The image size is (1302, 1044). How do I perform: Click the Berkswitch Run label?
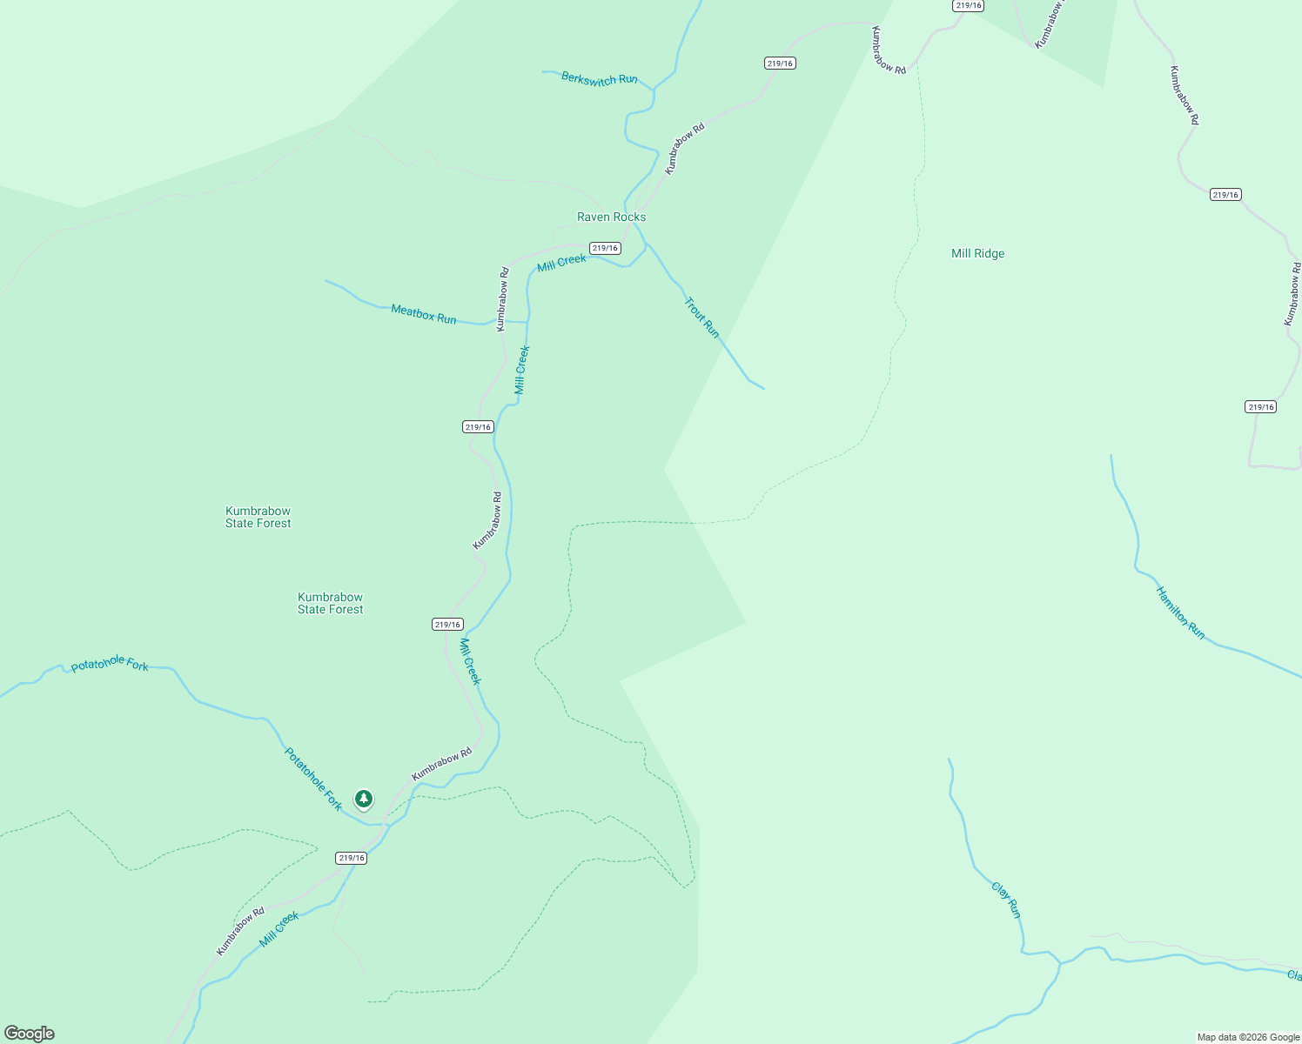599,79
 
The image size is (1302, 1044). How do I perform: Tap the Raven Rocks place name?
611,217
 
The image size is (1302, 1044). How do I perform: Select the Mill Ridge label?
977,254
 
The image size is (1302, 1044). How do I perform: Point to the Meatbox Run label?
424,314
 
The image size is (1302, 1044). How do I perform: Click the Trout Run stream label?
702,318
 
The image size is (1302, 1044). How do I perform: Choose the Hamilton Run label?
1180,612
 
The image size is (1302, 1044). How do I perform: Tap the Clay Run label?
1006,900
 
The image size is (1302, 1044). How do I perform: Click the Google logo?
30,1034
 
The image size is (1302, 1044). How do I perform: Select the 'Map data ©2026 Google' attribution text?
1248,1037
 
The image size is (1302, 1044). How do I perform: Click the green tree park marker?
364,799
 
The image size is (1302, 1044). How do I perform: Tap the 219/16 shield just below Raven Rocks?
605,248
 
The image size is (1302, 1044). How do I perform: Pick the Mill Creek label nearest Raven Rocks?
561,263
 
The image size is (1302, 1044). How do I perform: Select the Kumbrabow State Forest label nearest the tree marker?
330,603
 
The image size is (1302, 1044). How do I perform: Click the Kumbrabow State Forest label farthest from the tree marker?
258,517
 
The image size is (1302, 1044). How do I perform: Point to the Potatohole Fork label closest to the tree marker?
313,779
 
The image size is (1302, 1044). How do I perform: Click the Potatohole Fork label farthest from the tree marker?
110,665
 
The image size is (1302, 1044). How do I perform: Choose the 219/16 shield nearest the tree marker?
352,858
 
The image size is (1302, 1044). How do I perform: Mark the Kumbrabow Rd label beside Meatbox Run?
502,299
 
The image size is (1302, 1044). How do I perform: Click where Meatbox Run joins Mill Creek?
527,322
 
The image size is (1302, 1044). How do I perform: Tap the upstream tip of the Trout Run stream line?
763,388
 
